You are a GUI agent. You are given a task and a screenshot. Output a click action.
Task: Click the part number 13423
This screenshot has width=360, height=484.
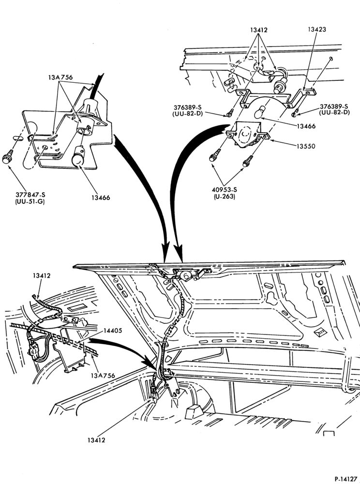pyautogui.click(x=317, y=30)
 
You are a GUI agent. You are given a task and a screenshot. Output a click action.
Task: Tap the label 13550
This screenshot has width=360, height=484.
pyautogui.click(x=306, y=146)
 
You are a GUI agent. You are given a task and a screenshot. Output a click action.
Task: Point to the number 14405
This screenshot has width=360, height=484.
pyautogui.click(x=113, y=331)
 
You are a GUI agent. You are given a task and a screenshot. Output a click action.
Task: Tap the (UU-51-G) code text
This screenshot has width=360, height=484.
pyautogui.click(x=30, y=202)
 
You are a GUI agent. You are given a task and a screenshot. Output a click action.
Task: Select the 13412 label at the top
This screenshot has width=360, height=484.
pyautogui.click(x=259, y=30)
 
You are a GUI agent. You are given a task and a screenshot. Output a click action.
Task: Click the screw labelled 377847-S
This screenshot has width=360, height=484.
pyautogui.click(x=7, y=157)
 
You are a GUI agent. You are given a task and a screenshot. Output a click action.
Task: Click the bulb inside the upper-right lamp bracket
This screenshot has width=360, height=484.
pyautogui.click(x=260, y=113)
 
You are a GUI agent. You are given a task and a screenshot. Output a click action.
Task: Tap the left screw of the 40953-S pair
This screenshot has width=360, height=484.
pyautogui.click(x=215, y=155)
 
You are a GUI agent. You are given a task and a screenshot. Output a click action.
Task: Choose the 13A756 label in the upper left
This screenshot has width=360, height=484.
pyautogui.click(x=60, y=77)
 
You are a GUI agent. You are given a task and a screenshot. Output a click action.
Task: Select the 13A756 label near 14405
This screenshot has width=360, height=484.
pyautogui.click(x=103, y=376)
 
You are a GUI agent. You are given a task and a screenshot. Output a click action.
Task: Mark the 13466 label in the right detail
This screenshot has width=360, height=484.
pyautogui.click(x=306, y=126)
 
